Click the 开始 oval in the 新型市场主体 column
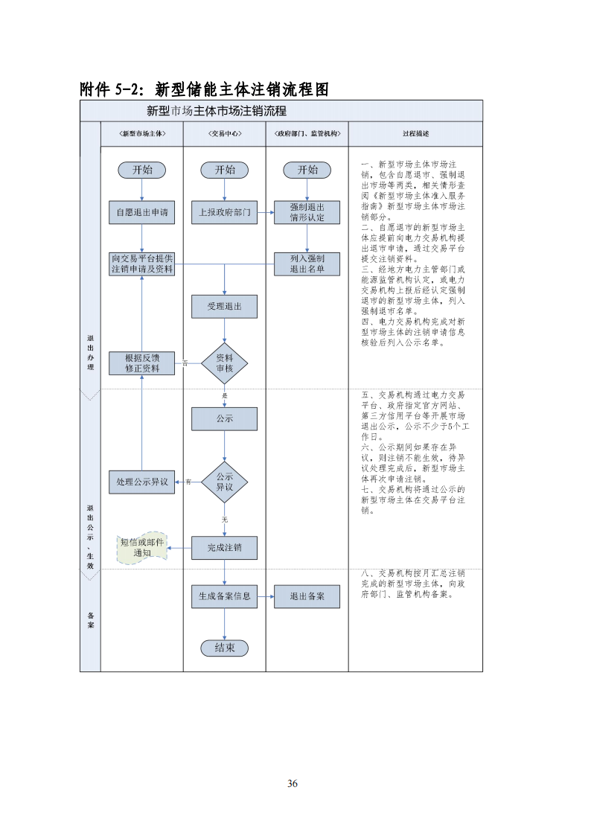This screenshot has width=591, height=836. tap(141, 170)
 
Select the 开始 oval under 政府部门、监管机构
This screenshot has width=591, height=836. tap(307, 170)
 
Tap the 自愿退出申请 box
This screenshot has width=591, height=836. tap(141, 212)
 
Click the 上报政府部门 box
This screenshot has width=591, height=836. tap(224, 212)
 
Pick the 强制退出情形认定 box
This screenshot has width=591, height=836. tap(307, 212)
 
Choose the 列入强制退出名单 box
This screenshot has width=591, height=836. tap(307, 264)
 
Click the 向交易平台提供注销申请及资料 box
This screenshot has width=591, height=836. tap(141, 264)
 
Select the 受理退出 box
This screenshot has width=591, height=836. tap(224, 306)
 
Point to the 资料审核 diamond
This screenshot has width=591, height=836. tap(224, 363)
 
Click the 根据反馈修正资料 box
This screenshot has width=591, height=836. tap(141, 363)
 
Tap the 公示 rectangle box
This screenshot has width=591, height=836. tap(224, 418)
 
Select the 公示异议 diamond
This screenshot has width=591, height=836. tap(224, 482)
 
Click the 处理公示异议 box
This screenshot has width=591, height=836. tap(141, 482)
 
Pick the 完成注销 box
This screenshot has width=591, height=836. tap(224, 549)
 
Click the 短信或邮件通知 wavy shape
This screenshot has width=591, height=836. tap(141, 549)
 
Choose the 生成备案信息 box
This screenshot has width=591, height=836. tap(224, 596)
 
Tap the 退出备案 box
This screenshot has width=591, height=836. tap(307, 596)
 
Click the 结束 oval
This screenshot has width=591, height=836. tap(224, 648)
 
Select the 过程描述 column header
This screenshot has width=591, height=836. tap(415, 134)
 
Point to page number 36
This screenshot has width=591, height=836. tap(293, 783)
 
